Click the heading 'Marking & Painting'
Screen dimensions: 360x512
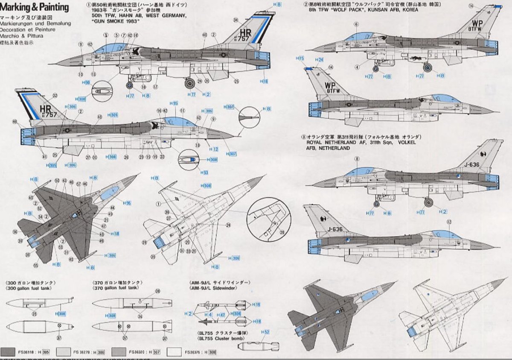click(35, 7)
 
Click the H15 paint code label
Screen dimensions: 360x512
click(301, 58)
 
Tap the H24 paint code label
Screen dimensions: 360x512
click(320, 60)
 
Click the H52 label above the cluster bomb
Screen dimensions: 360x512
click(265, 332)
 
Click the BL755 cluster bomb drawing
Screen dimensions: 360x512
click(261, 346)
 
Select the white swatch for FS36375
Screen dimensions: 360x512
click(175, 352)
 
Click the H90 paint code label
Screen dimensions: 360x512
click(87, 82)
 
